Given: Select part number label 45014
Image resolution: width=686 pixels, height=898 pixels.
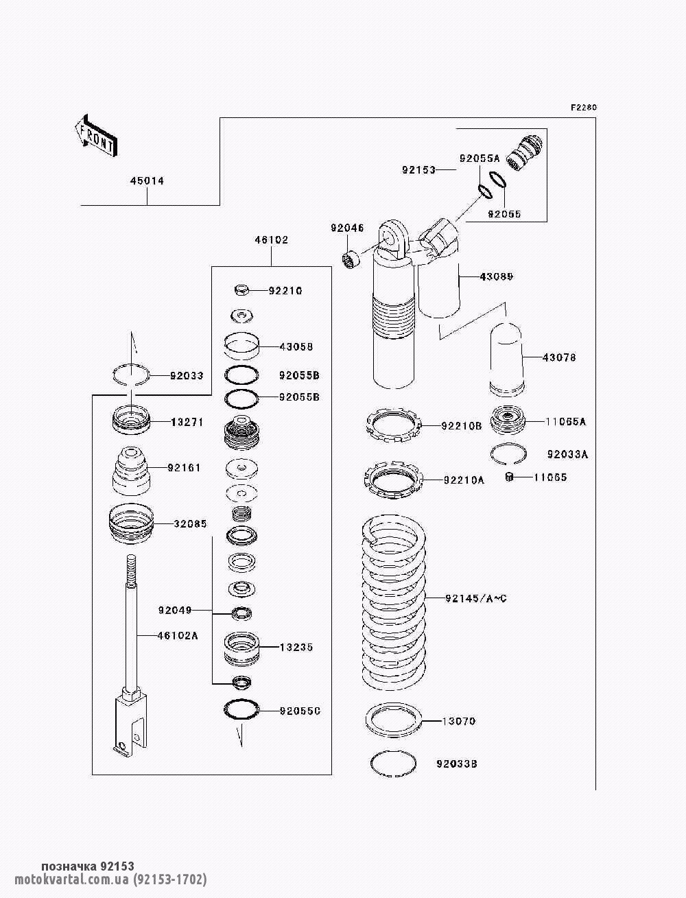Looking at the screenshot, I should tap(147, 181).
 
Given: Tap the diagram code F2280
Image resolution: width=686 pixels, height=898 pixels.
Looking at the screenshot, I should tap(584, 108).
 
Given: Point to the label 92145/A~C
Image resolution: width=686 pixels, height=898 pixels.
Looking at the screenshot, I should tap(475, 599).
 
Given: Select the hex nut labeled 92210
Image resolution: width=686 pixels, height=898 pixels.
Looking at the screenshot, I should tap(241, 290).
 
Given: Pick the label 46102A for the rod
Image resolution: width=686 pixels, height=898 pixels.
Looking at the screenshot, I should tap(177, 635).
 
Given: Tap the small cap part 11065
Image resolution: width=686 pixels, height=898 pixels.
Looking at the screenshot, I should tap(510, 477).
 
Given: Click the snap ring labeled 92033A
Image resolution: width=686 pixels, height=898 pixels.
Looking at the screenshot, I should tap(508, 453).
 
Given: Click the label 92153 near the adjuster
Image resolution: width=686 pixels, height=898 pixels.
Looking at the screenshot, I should tap(418, 169).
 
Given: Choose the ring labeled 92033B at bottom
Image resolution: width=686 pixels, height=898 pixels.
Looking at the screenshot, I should tap(393, 763).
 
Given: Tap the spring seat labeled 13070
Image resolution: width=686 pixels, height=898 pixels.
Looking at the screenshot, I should tap(393, 720).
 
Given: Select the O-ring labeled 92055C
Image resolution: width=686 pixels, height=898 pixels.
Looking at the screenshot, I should tap(240, 710).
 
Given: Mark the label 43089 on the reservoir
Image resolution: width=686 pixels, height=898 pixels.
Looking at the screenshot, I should tap(497, 276).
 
